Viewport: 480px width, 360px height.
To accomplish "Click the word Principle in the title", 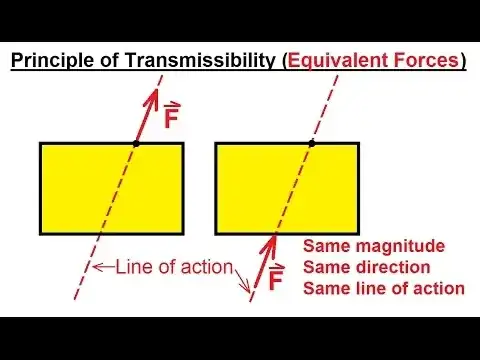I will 51,60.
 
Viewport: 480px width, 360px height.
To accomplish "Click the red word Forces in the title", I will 425,60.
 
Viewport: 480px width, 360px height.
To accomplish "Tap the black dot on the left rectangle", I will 136,144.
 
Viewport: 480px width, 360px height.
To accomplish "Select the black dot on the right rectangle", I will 312,144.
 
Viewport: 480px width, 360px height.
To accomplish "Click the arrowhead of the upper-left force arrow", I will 155,93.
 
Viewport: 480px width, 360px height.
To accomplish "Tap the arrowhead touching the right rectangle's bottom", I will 274,241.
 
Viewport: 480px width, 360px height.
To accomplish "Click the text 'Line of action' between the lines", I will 175,266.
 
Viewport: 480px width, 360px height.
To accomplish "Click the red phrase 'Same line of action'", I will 383,288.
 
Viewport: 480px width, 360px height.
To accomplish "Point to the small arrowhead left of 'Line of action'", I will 96,267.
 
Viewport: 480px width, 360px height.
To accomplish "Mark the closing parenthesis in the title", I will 463,60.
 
